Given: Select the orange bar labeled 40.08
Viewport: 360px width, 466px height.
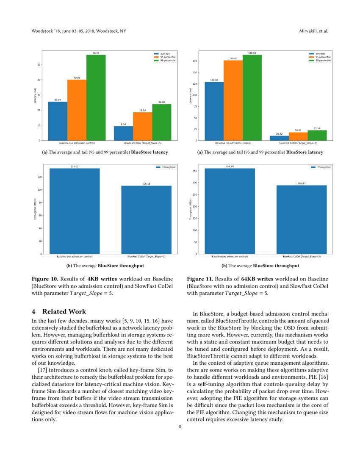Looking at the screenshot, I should coord(77,110).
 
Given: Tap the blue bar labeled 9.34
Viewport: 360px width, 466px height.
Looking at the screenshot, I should coord(123,133).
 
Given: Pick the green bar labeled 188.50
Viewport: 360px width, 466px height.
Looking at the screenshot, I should coord(252,97).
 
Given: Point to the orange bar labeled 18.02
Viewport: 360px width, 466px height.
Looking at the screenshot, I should coord(298,136).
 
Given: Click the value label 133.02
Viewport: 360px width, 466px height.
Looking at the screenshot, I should coord(75,166).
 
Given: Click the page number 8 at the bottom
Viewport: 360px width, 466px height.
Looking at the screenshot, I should coord(180,427).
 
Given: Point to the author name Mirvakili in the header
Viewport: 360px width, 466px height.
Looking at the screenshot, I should coord(310,31).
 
